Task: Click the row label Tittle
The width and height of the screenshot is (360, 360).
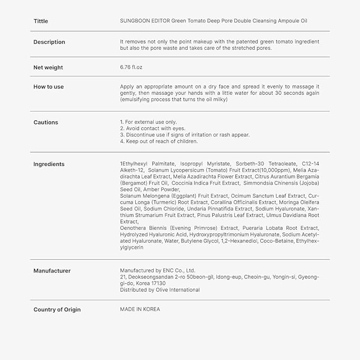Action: pyautogui.click(x=41, y=21)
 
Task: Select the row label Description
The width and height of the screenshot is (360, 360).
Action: pyautogui.click(x=49, y=42)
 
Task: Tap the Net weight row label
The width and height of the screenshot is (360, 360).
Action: pyautogui.click(x=48, y=67)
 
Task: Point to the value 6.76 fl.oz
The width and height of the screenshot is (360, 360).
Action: pyautogui.click(x=131, y=67)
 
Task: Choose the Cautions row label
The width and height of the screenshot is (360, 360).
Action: pyautogui.click(x=46, y=122)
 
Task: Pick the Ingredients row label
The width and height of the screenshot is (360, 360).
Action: pyautogui.click(x=49, y=164)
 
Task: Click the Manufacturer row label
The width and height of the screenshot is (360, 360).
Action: pyautogui.click(x=52, y=270)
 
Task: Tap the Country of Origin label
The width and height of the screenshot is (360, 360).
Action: pyautogui.click(x=57, y=309)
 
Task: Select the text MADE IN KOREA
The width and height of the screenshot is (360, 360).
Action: pyautogui.click(x=140, y=309)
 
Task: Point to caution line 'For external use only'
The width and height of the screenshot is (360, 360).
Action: pyautogui.click(x=148, y=122)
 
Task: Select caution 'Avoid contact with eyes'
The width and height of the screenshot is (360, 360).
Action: pyautogui.click(x=153, y=128)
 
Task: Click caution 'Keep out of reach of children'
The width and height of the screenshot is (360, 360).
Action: pyautogui.click(x=159, y=141)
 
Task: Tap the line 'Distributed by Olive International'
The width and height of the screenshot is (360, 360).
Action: pyautogui.click(x=160, y=289)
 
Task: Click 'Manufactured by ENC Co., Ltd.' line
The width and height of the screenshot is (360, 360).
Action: pyautogui.click(x=158, y=270)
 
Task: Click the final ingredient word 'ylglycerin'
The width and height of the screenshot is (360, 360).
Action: pyautogui.click(x=131, y=247)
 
